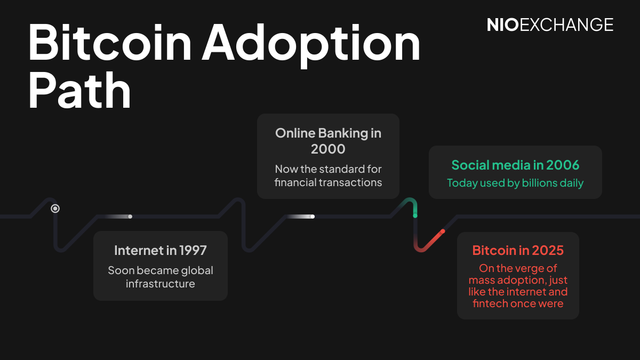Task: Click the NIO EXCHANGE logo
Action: [550, 25]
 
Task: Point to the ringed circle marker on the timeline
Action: [55, 209]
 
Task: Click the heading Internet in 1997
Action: [160, 250]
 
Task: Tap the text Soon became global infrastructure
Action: [160, 277]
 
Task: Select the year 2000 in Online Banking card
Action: [328, 149]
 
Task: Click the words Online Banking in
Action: [328, 133]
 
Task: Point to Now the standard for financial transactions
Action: [328, 175]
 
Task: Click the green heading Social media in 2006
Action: [515, 165]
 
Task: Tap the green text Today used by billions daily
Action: [515, 183]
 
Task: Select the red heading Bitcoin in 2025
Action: [518, 250]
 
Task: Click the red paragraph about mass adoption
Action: [518, 286]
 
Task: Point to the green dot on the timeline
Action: [415, 215]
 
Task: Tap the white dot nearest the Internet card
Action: [130, 217]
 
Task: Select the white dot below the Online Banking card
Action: [313, 217]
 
